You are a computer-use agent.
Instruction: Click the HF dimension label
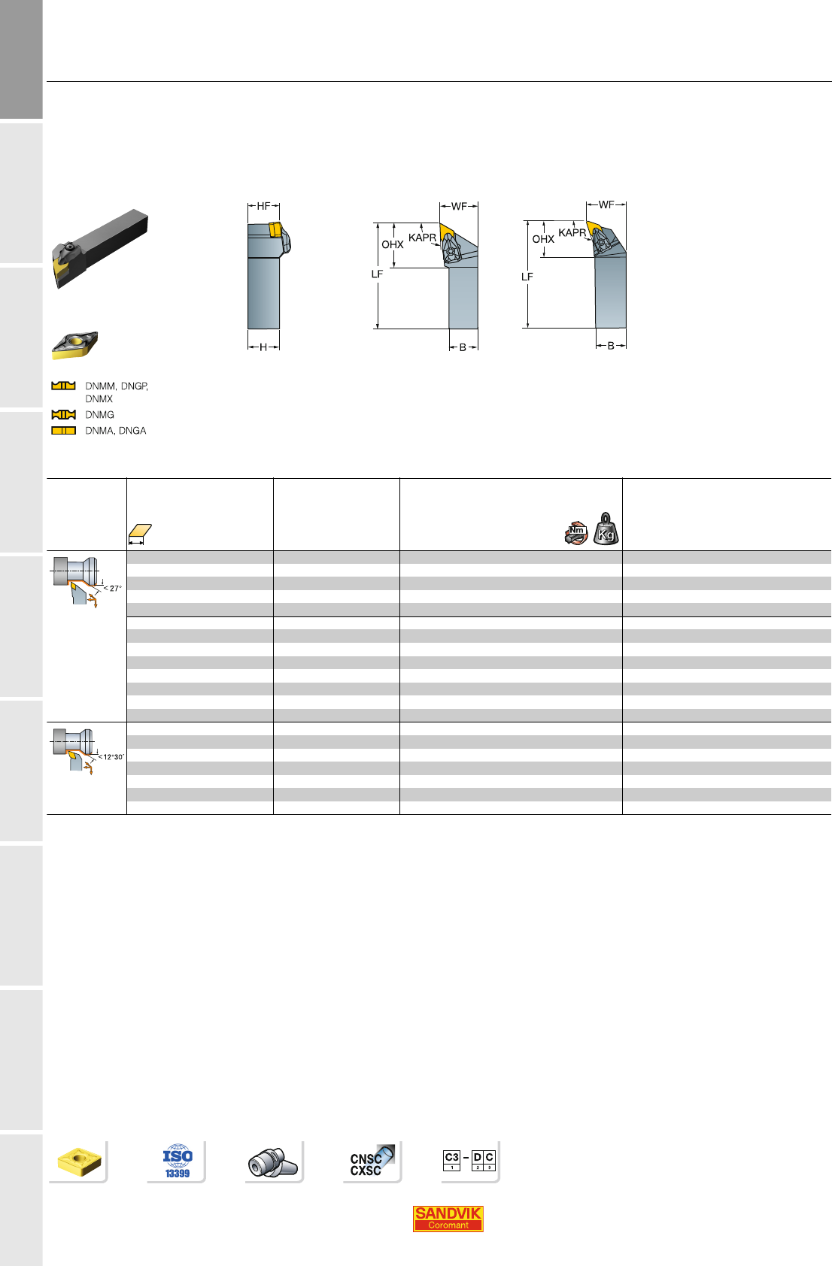(x=263, y=206)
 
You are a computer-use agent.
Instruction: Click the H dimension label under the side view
(x=263, y=347)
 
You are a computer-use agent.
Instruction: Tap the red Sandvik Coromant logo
(x=448, y=1219)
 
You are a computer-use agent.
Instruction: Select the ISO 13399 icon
(x=178, y=1162)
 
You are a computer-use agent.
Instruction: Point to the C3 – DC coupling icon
(x=469, y=1160)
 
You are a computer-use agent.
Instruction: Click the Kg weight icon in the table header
(x=606, y=529)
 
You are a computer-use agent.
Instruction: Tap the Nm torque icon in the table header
(x=576, y=532)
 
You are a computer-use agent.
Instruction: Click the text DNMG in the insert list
(x=99, y=415)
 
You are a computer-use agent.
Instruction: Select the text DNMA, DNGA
(x=115, y=431)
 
